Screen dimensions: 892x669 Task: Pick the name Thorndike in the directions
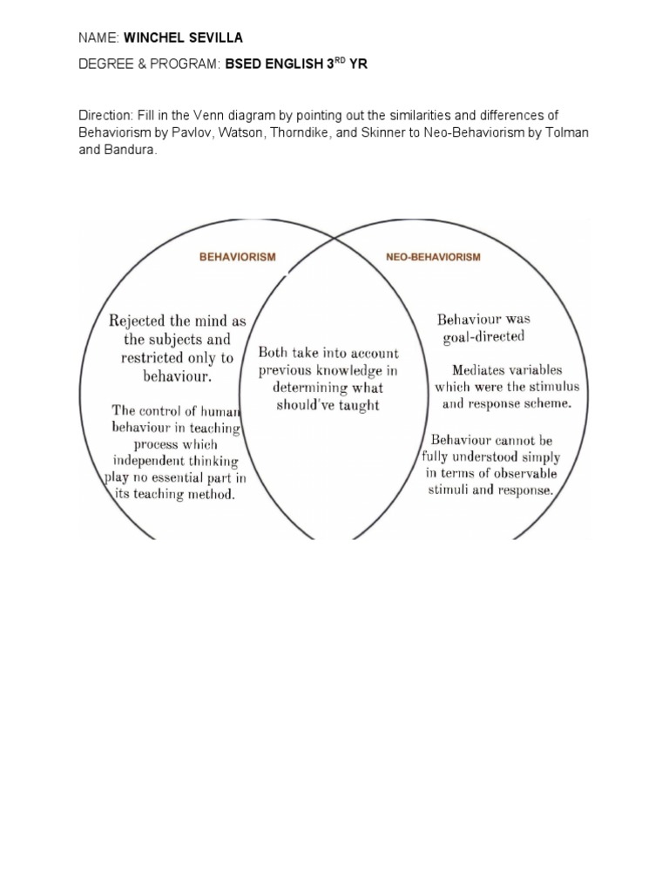click(342, 132)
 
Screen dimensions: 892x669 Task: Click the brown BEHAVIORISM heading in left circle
click(238, 257)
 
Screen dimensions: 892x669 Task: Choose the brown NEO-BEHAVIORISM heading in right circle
click(433, 257)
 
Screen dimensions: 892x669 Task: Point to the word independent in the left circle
click(147, 460)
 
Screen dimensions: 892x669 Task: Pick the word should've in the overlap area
click(306, 406)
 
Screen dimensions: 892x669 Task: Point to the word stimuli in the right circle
click(450, 490)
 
